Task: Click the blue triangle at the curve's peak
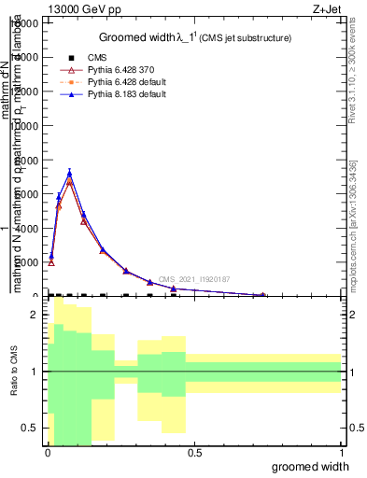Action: coord(69,172)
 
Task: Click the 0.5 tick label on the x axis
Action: coord(194,452)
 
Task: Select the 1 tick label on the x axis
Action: coord(341,452)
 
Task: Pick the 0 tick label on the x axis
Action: coord(48,452)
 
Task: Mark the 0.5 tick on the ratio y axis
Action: coord(29,428)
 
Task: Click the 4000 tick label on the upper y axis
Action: coord(26,228)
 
